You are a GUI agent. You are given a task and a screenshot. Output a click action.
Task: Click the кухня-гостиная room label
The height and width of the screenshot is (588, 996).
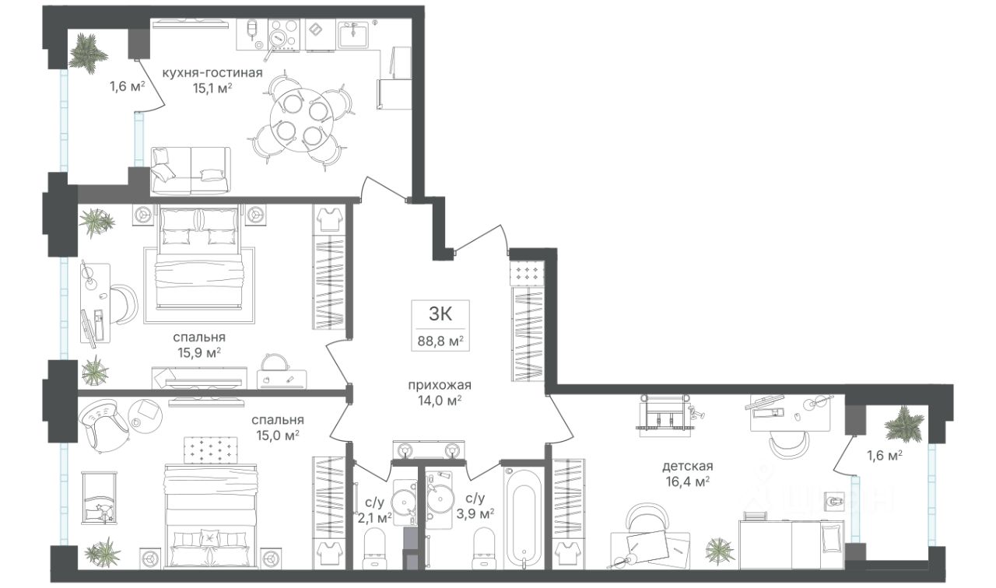212,72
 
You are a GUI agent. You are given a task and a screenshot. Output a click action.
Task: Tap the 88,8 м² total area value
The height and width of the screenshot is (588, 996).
440,341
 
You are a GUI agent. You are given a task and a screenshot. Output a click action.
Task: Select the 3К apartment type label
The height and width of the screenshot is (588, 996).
440,313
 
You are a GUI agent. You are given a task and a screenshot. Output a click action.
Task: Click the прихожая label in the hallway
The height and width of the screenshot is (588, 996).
440,385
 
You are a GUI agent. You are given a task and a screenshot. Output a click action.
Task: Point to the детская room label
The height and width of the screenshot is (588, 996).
688,466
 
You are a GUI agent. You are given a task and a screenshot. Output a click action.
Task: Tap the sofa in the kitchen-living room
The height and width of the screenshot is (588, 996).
191,171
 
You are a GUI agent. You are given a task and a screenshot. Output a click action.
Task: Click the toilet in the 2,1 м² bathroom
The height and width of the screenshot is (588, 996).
375,549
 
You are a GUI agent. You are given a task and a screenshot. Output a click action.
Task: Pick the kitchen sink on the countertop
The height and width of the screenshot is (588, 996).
353,34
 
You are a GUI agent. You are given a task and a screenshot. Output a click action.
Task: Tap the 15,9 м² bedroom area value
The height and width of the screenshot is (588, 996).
200,353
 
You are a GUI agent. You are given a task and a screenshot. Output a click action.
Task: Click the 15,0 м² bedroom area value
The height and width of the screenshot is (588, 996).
278,435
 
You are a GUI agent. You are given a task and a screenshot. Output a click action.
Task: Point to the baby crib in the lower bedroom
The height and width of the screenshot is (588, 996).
100,496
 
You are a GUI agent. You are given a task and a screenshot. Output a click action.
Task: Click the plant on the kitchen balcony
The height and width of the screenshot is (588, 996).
88,54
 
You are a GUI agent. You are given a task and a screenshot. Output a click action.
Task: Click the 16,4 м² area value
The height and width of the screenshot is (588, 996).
687,481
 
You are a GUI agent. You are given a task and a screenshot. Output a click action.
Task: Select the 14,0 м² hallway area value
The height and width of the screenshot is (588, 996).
440,401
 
